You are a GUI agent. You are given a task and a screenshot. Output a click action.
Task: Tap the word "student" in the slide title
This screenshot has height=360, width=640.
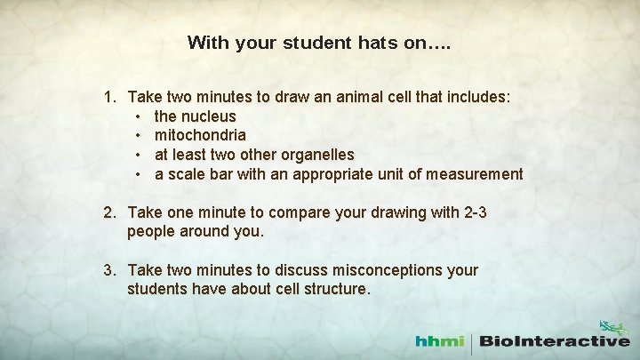[308, 43]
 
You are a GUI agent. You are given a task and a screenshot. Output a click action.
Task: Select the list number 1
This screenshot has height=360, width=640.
[109, 97]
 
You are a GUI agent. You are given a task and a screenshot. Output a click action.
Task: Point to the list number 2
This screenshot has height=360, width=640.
[109, 212]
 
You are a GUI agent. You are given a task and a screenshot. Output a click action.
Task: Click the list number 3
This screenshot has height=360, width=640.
[109, 270]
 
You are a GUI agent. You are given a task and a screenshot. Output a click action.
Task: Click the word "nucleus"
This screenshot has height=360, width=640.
[208, 116]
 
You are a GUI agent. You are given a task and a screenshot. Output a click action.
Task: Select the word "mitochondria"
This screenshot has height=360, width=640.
[200, 136]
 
